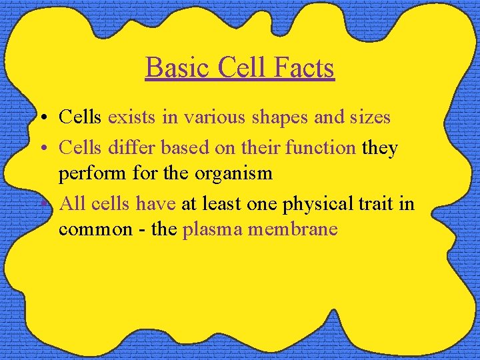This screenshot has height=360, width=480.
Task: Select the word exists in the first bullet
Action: (x=129, y=117)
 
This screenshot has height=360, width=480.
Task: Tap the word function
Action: (x=320, y=147)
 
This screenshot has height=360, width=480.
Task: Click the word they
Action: (x=379, y=148)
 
